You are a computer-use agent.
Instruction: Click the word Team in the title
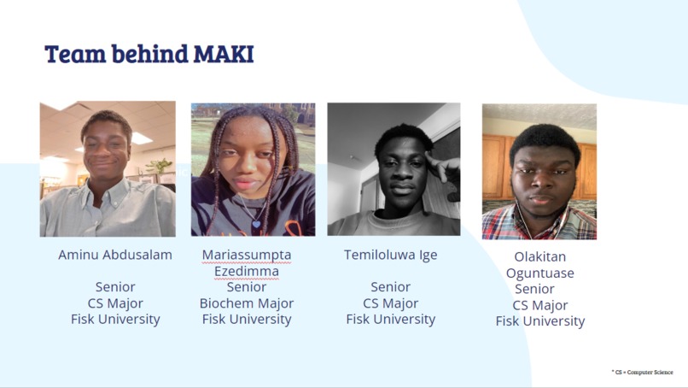[x=73, y=54]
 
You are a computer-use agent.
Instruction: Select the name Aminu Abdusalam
[x=115, y=255]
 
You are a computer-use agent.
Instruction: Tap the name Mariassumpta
[x=247, y=255]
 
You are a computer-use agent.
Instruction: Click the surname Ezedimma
[x=247, y=271]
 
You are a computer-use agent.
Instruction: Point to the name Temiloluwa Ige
[x=390, y=255]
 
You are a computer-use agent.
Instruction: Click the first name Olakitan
[x=539, y=256]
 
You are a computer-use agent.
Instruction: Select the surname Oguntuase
[x=539, y=273]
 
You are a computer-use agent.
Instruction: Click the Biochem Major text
[x=247, y=303]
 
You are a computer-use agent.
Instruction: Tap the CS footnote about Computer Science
[x=643, y=372]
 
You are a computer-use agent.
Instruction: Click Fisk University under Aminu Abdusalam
[x=115, y=320]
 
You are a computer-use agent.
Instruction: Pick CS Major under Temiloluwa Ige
[x=390, y=303]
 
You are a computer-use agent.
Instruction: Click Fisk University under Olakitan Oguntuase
[x=539, y=321]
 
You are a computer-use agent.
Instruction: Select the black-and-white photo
[x=394, y=168]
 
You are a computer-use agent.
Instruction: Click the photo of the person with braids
[x=253, y=169]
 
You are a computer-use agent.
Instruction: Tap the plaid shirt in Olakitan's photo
[x=504, y=224]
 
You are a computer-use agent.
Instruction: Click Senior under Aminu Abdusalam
[x=115, y=287]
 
